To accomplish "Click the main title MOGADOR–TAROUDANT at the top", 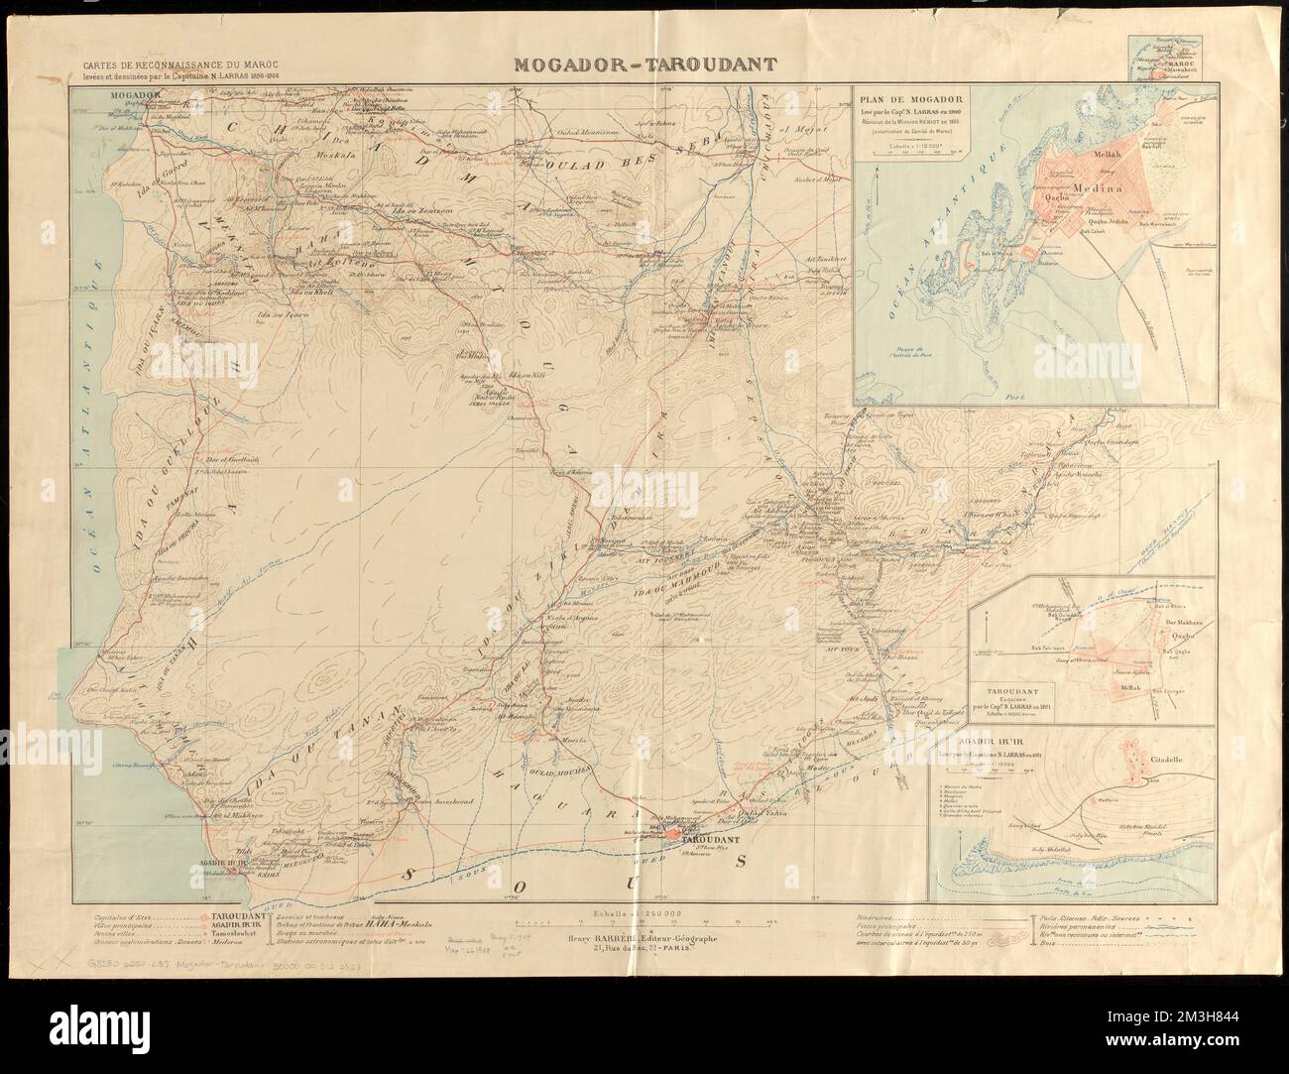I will [644, 66].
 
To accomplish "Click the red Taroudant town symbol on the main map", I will [673, 835].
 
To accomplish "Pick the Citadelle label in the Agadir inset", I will [1181, 752].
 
